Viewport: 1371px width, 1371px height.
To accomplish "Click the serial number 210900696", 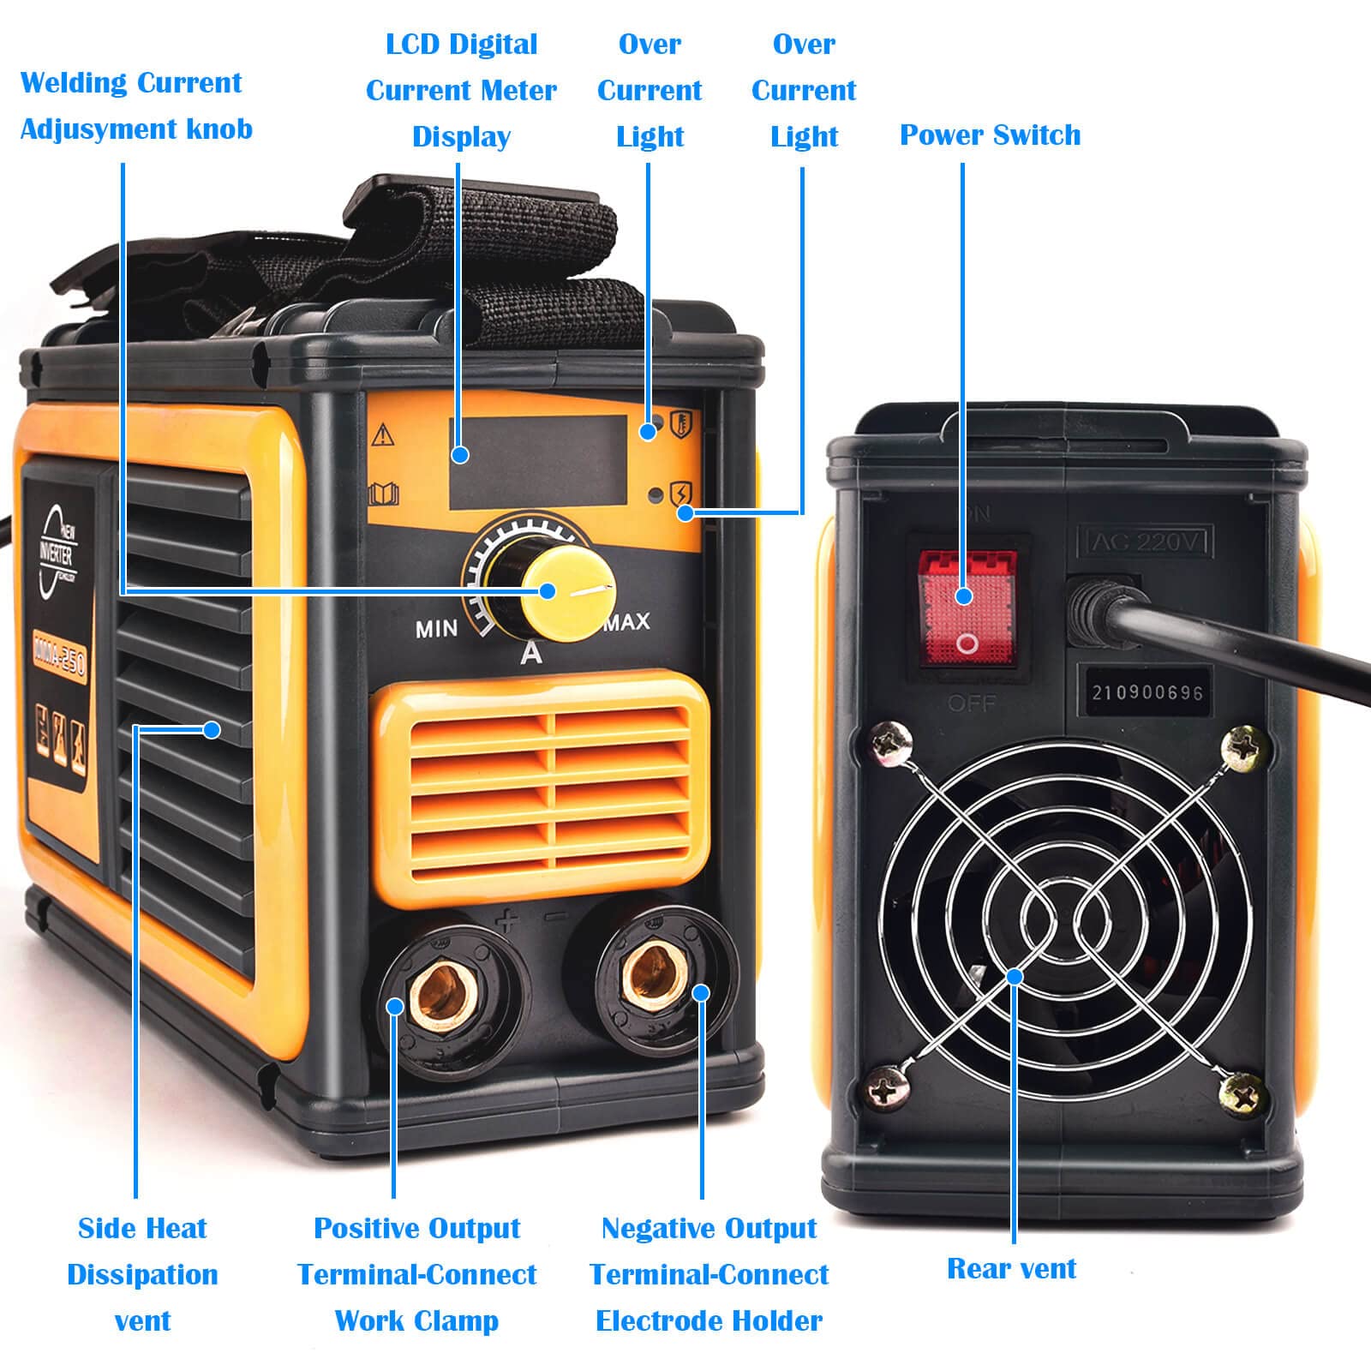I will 1146,692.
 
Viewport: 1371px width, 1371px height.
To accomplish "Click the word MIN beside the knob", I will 437,630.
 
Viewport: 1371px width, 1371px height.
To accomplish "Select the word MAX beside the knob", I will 628,622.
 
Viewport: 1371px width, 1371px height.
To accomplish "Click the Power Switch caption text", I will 990,135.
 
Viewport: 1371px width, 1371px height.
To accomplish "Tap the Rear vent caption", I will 1011,1268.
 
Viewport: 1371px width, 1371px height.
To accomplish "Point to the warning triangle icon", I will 382,435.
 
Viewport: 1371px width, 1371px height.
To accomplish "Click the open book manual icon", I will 383,494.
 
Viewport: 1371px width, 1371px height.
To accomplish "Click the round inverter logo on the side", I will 58,553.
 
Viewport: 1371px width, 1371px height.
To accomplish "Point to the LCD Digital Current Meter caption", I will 461,90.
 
